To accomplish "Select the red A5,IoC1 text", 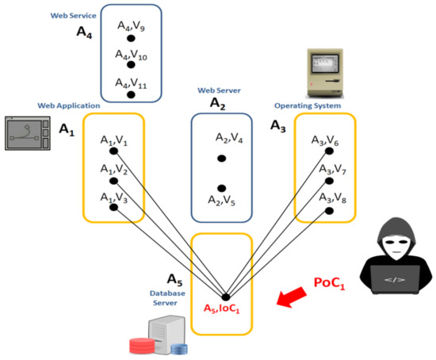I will coord(226,308).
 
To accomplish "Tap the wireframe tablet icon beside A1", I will coord(29,133).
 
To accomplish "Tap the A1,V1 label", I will coord(114,140).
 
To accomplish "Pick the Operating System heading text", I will coord(308,105).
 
